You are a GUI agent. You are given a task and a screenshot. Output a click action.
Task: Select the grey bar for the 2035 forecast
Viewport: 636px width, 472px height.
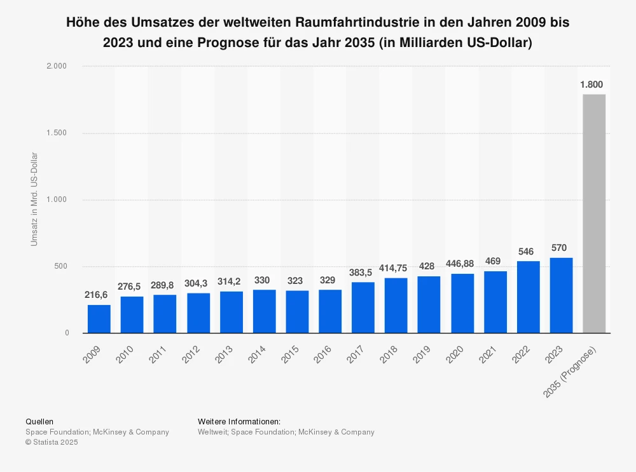pos(594,214)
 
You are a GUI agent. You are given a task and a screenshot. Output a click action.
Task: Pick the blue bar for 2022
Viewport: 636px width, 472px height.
pos(528,297)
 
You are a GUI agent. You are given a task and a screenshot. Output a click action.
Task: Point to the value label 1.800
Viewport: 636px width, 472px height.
pos(591,84)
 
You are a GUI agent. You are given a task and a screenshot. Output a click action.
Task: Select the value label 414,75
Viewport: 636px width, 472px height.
pos(396,268)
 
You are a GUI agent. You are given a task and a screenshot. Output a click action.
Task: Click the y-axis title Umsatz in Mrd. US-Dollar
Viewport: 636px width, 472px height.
pos(34,199)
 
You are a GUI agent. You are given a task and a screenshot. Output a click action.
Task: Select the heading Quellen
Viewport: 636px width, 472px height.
pos(39,421)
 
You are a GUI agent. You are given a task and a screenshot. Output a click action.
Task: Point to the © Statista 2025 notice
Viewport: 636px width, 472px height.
pos(52,443)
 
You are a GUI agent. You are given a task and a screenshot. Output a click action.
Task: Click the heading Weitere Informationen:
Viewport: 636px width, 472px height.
pos(239,421)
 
